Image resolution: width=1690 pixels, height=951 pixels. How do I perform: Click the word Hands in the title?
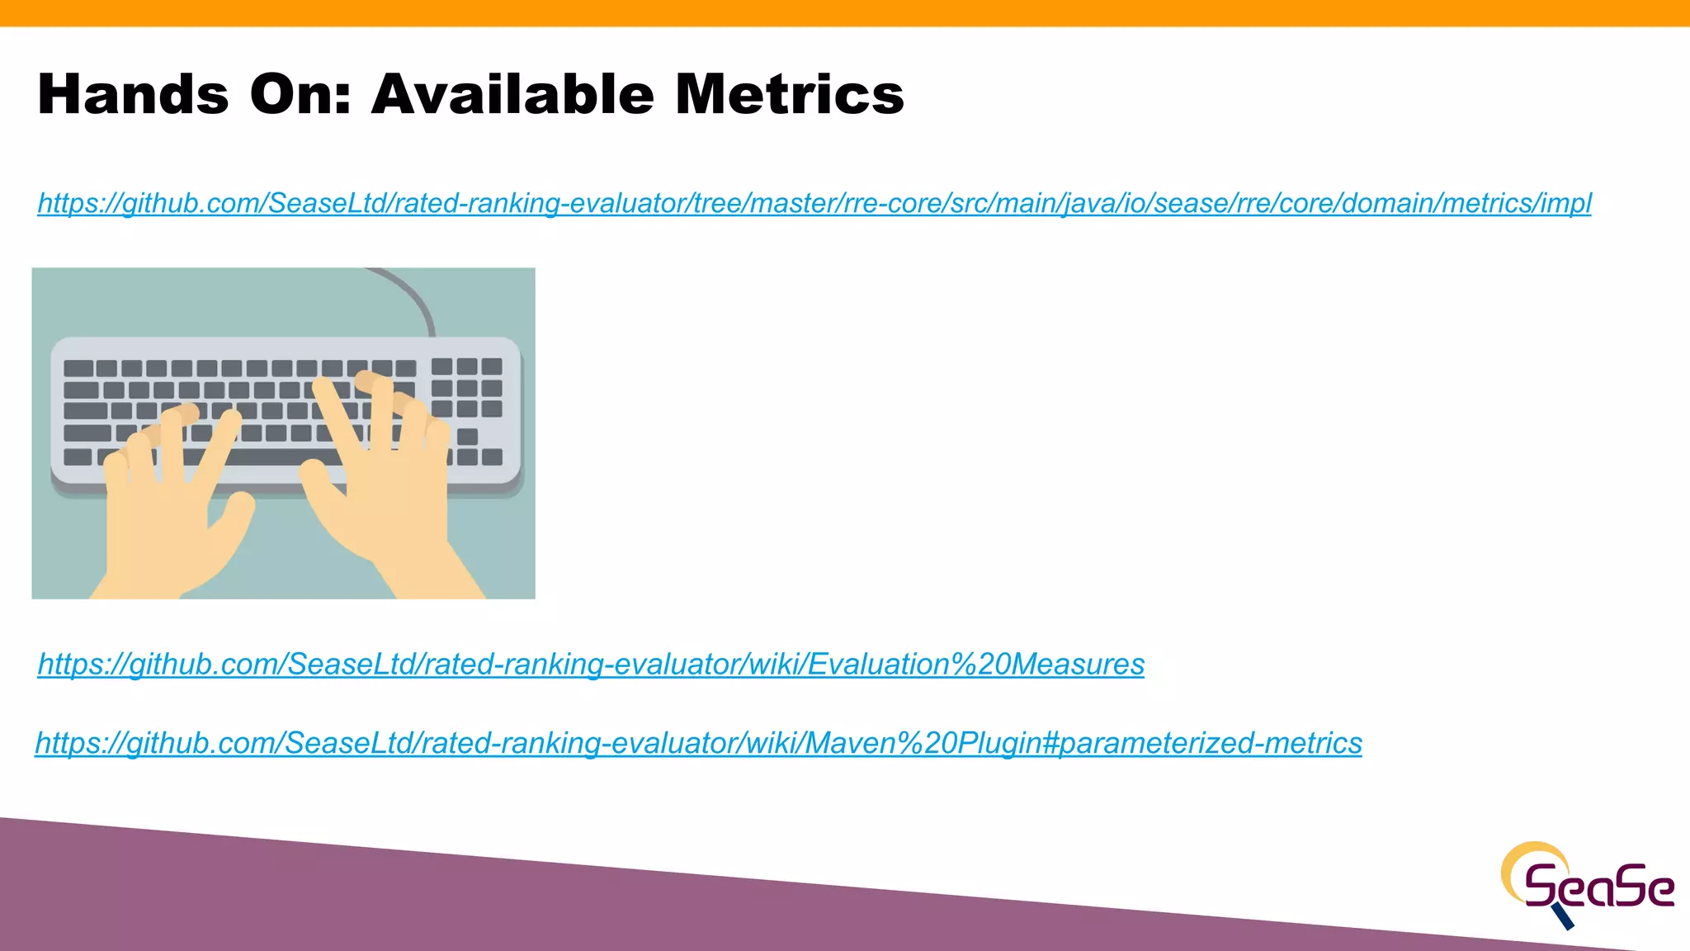133,94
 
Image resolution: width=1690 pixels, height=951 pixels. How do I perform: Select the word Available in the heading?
512,94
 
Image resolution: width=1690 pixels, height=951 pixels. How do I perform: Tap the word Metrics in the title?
790,94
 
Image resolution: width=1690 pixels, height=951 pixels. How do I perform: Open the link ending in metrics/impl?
814,203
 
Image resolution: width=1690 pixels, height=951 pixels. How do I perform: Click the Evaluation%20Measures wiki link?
591,665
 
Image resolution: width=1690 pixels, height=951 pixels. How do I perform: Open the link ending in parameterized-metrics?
698,744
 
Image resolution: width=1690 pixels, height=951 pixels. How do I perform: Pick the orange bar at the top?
845,12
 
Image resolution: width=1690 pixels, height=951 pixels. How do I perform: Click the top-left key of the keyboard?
78,368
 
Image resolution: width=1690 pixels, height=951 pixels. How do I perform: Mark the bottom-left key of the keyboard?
78,457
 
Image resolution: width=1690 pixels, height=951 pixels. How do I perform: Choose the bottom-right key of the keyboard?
492,457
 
